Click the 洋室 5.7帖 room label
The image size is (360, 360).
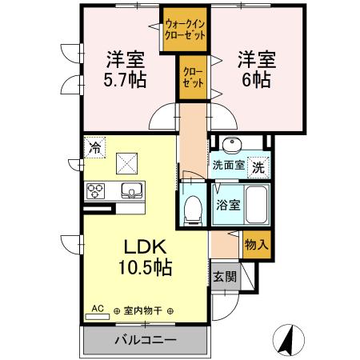click(125, 69)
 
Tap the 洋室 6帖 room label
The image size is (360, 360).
click(255, 69)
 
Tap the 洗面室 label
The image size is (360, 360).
click(228, 168)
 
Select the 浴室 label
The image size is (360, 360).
click(226, 204)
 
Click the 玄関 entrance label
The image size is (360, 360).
click(225, 277)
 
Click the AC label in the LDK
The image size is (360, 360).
click(98, 308)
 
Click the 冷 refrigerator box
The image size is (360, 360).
click(95, 148)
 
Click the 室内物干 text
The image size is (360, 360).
click(145, 310)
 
